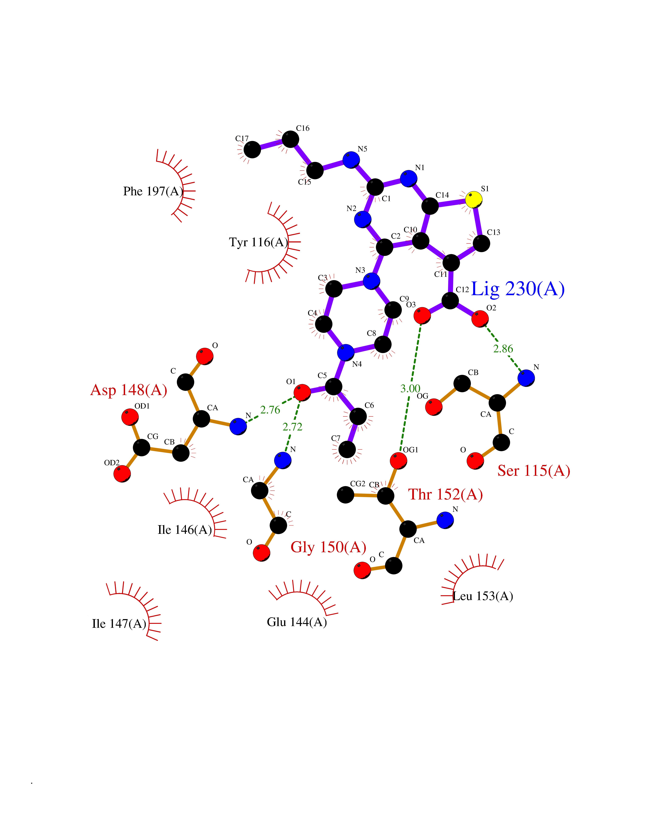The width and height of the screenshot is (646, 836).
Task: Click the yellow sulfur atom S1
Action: click(x=474, y=200)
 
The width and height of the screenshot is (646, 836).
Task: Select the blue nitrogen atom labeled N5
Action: click(x=351, y=160)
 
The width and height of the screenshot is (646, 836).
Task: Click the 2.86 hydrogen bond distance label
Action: click(x=503, y=349)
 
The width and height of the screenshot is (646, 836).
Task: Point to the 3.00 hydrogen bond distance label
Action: click(x=410, y=389)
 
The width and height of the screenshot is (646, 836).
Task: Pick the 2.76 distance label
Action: click(x=270, y=410)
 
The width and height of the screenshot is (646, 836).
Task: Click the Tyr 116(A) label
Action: click(x=258, y=242)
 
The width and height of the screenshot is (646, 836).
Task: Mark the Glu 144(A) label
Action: click(x=297, y=622)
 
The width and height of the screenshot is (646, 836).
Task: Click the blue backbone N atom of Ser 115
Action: click(x=526, y=378)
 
